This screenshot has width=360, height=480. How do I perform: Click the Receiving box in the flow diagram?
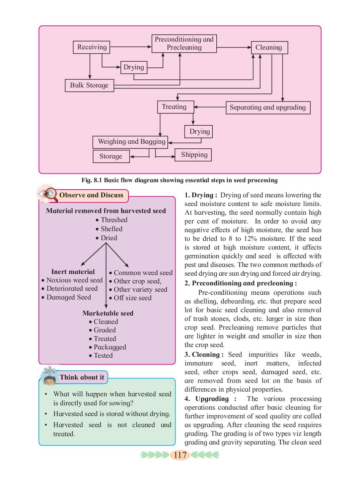[x=91, y=47]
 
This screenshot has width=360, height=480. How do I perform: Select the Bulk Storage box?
[x=89, y=85]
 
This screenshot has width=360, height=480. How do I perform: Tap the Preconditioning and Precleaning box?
[x=184, y=44]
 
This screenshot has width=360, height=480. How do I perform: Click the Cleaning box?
[x=269, y=48]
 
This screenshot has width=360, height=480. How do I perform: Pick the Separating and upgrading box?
[x=268, y=108]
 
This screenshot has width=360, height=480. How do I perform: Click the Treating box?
[x=175, y=107]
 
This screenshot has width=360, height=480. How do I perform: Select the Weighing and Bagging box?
[x=130, y=142]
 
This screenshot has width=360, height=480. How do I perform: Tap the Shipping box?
[x=193, y=155]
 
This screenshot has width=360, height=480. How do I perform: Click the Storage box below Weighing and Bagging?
[x=111, y=156]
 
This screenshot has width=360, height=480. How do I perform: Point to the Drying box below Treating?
[x=199, y=132]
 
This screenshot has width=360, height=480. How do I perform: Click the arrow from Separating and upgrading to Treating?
[x=210, y=107]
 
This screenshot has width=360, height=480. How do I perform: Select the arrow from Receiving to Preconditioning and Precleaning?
[x=131, y=47]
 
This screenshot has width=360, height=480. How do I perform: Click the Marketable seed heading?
[x=108, y=314]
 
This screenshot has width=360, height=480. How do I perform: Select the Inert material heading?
[x=73, y=272]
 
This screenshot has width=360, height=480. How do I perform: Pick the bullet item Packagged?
[x=107, y=347]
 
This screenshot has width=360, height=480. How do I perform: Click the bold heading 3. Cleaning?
[x=204, y=354]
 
